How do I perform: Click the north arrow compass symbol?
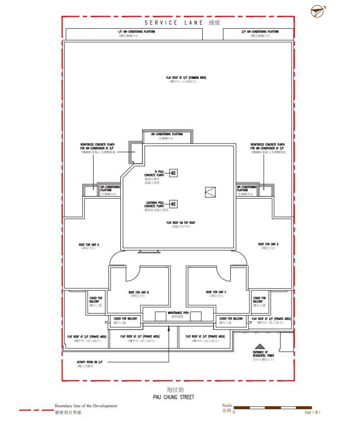point(319,11)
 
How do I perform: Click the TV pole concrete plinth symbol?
point(173,173)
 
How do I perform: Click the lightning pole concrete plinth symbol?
point(173,204)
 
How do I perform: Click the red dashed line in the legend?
point(35,409)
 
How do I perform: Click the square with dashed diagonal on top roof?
point(211,192)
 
